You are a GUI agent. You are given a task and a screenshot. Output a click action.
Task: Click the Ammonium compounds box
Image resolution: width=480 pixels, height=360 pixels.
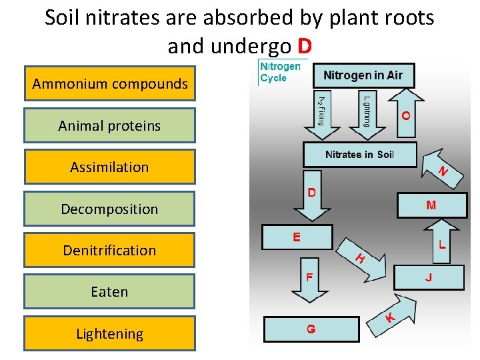(x=110, y=84)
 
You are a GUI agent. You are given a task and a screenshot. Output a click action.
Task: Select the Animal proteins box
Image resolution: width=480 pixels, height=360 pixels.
(x=110, y=125)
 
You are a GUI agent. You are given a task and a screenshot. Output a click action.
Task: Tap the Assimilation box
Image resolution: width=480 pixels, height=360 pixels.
(x=110, y=167)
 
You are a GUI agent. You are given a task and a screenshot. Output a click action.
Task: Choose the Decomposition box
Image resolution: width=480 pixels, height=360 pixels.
(x=110, y=209)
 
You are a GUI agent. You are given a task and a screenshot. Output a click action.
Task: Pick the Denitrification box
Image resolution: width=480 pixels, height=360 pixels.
(x=110, y=250)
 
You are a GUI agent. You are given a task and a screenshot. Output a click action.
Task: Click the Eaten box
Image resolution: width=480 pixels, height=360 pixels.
(x=110, y=291)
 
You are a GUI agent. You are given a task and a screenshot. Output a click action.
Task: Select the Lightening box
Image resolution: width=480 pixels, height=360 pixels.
(x=110, y=333)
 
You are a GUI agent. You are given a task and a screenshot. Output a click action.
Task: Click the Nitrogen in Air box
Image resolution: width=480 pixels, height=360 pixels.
(x=363, y=75)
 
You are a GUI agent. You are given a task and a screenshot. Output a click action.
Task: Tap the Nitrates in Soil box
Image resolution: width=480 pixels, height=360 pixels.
(x=360, y=155)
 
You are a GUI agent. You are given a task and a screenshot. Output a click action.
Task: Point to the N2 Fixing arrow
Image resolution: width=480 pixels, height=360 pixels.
(x=321, y=110)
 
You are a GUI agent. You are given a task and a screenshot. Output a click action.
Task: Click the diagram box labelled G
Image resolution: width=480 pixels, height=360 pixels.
(x=311, y=329)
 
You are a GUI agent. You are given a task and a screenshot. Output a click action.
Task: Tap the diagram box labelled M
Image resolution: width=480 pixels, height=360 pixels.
(x=431, y=205)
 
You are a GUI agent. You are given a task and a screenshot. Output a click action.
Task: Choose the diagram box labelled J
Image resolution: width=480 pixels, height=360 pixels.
(x=429, y=277)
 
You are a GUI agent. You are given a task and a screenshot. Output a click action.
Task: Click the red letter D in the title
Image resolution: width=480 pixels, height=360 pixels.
(x=305, y=47)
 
